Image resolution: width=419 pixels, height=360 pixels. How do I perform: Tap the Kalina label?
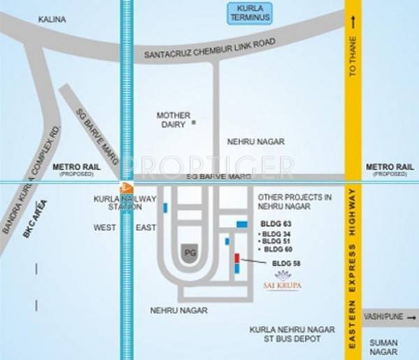click(54, 20)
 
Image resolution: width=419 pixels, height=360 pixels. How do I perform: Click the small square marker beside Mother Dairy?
click(194, 123)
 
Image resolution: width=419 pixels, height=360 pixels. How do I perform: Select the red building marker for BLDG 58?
click(237, 264)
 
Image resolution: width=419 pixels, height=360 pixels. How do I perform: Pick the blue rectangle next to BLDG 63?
click(242, 224)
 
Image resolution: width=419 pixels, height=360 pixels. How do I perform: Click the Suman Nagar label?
click(384, 347)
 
